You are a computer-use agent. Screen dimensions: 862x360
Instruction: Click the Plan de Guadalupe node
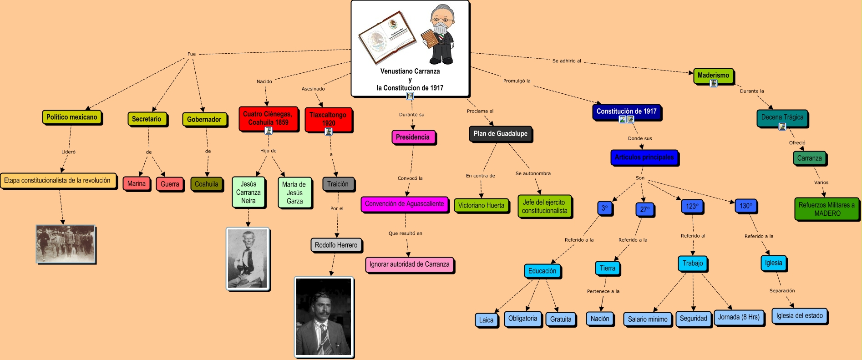point(500,134)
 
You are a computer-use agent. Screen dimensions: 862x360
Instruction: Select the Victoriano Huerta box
point(481,205)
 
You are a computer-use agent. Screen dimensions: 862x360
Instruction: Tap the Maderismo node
point(713,76)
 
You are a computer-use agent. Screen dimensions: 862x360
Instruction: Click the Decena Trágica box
point(782,117)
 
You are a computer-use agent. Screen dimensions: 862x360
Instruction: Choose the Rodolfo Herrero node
point(336,245)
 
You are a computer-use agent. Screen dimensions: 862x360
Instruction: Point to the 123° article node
point(692,206)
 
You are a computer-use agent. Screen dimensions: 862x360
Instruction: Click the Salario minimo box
point(647,319)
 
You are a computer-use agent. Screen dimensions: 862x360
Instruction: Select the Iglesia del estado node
point(799,316)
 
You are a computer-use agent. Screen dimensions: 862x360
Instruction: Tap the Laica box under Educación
point(486,320)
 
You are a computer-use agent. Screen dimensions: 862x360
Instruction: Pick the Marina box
point(137,183)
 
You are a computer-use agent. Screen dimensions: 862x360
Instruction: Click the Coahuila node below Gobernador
point(206,184)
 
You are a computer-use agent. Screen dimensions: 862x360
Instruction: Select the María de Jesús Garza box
point(294,192)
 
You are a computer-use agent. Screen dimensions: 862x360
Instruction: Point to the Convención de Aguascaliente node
point(404,204)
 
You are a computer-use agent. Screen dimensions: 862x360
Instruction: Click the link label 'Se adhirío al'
point(567,61)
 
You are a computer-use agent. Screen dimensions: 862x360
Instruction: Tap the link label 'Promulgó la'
point(517,81)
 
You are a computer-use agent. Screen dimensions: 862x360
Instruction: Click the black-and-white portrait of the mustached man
point(324,317)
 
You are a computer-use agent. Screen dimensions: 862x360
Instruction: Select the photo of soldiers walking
point(66,244)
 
